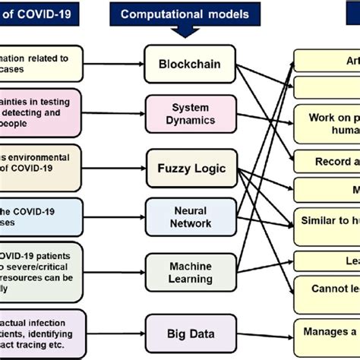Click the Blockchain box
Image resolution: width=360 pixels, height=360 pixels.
[x=190, y=64]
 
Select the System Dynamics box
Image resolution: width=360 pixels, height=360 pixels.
[x=190, y=115]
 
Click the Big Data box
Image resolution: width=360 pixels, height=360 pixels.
[x=190, y=332]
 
